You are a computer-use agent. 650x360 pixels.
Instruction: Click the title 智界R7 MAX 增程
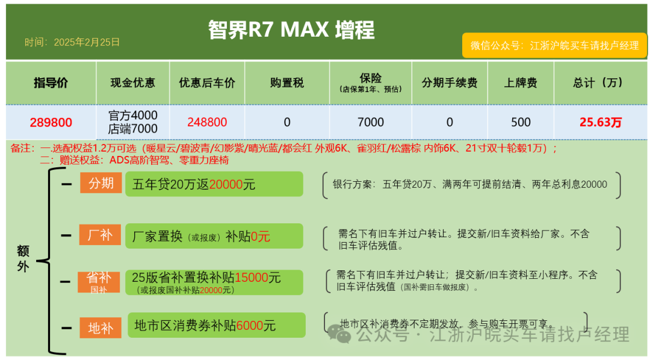(291, 29)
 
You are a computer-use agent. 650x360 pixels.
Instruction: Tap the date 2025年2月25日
(72, 42)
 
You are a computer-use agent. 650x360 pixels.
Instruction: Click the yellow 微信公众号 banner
(554, 45)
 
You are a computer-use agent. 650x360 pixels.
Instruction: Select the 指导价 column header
(51, 83)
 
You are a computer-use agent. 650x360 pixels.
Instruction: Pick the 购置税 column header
(287, 83)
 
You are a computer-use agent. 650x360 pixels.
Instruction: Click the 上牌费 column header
(521, 83)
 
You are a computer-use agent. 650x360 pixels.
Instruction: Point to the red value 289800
(51, 122)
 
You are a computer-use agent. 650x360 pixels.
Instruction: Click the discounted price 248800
(207, 122)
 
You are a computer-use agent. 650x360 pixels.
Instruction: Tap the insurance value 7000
(370, 122)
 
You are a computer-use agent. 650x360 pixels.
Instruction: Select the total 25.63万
(601, 122)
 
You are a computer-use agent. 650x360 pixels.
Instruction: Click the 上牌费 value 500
(521, 122)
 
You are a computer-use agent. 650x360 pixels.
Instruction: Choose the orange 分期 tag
(101, 183)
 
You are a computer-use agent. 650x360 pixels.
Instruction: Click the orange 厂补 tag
(101, 235)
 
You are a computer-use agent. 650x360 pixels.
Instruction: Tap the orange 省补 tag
(99, 281)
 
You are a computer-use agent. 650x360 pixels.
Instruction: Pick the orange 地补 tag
(101, 328)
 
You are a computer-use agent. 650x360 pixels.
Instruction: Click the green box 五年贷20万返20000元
(214, 184)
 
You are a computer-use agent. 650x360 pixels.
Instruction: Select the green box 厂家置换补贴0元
(214, 236)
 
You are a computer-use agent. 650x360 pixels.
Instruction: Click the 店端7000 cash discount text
(133, 129)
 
